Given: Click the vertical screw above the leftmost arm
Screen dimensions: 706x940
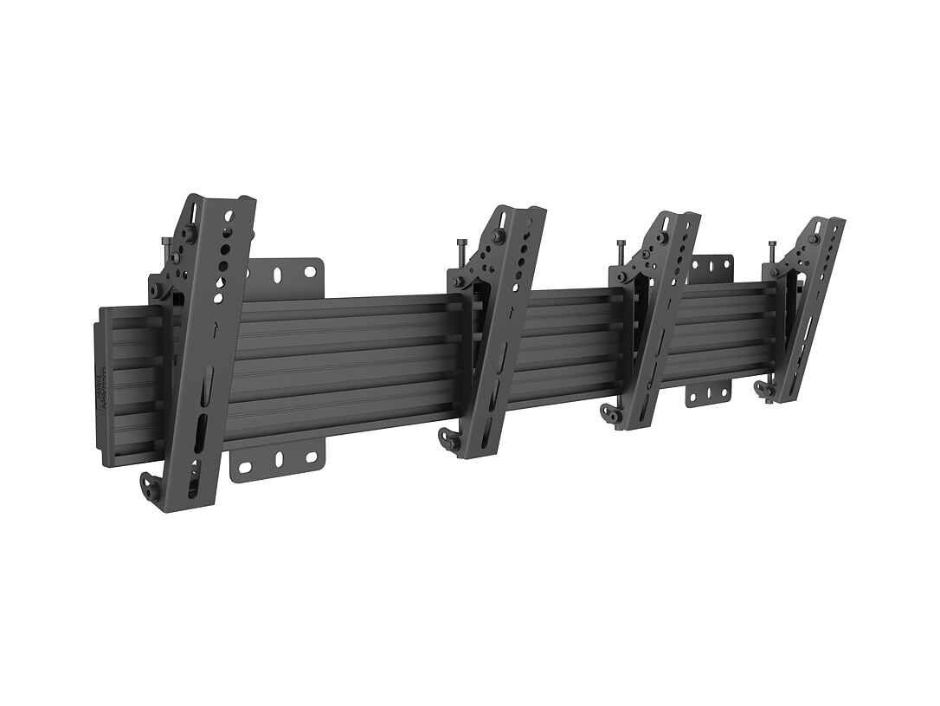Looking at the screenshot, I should point(163,246).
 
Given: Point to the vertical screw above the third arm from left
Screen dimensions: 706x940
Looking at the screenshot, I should point(620,253).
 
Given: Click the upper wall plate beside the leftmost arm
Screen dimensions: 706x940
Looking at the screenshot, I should point(286,275).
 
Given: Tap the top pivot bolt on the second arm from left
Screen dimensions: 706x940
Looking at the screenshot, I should point(499,236).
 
